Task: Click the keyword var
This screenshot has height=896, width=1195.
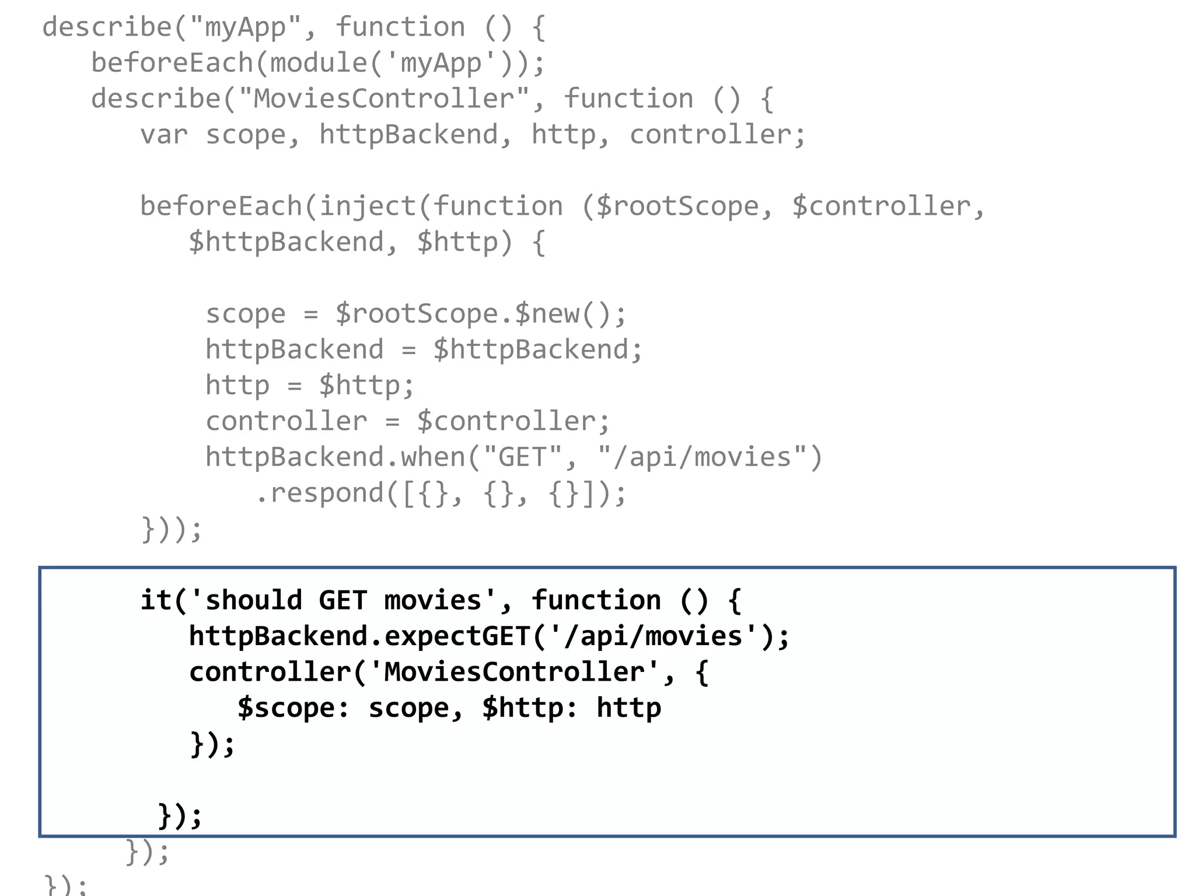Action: click(164, 135)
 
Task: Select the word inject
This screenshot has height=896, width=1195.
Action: click(367, 206)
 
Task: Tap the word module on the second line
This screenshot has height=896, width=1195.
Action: click(318, 63)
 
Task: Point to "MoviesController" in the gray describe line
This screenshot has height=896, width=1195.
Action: click(384, 99)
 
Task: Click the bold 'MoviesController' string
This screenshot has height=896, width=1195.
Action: click(513, 672)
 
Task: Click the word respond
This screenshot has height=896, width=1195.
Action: click(326, 494)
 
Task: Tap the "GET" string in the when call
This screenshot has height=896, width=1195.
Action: click(522, 457)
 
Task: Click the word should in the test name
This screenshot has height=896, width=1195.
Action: click(253, 601)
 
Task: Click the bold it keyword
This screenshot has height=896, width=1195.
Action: click(156, 601)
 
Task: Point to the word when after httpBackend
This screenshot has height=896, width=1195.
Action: click(433, 457)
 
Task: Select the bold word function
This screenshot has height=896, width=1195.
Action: click(596, 601)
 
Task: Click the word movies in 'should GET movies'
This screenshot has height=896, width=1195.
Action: click(432, 601)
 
